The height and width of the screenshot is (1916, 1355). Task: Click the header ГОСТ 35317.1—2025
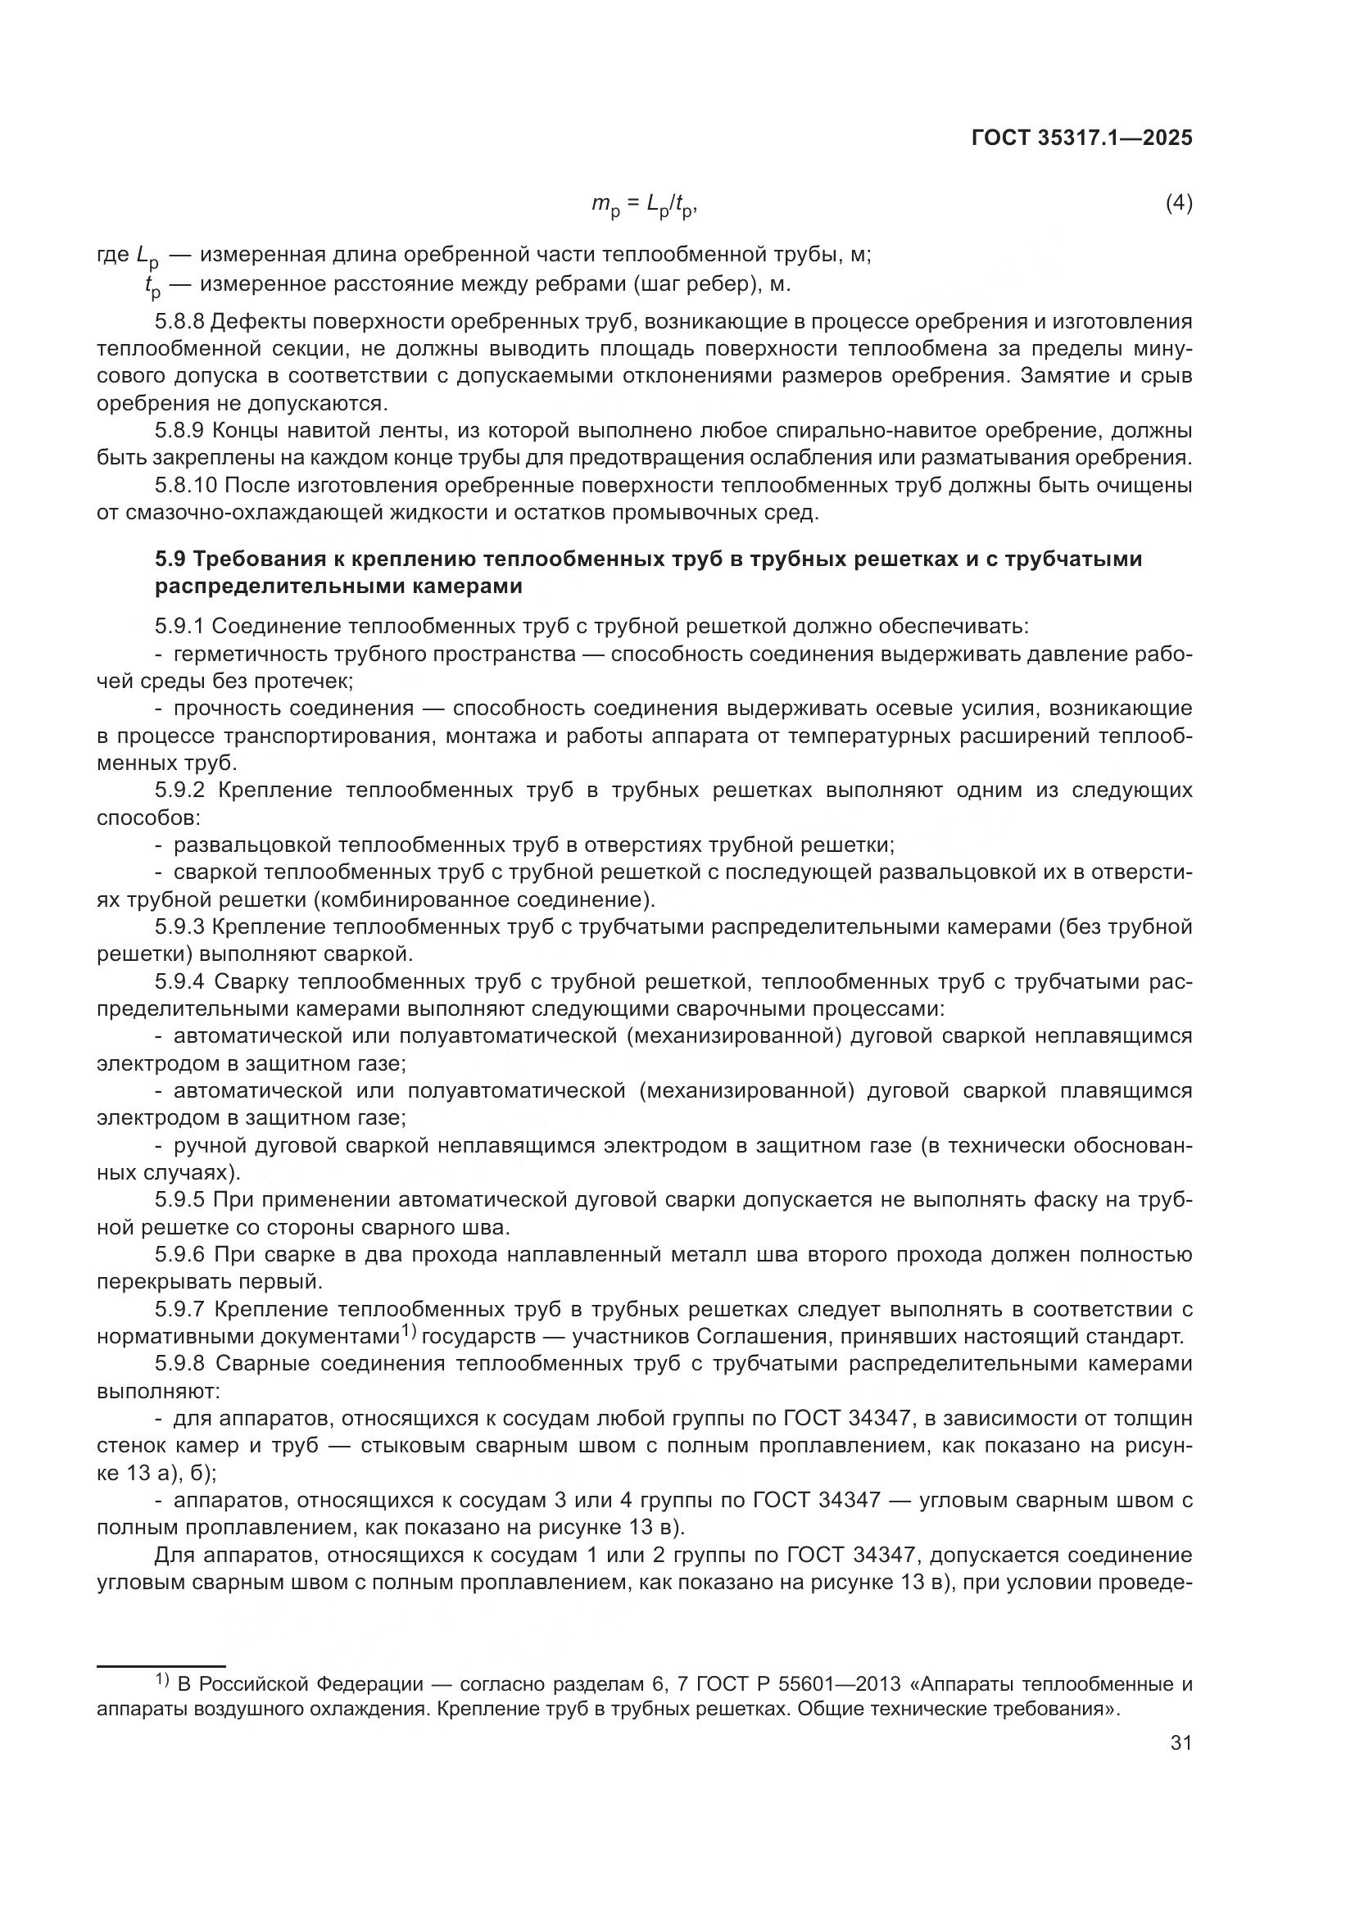click(1081, 138)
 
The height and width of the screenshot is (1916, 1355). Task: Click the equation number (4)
click(1178, 203)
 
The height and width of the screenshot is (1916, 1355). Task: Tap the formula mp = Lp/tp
click(644, 205)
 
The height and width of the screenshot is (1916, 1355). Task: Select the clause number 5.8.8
click(179, 321)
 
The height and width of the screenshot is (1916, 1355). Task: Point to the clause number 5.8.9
click(179, 431)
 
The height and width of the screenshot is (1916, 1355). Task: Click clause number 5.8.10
click(185, 485)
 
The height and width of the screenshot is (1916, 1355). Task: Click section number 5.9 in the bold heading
click(171, 559)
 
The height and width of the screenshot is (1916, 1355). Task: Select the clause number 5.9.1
click(179, 626)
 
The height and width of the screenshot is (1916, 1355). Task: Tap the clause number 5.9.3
click(179, 927)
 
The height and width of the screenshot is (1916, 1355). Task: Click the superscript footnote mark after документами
click(408, 1330)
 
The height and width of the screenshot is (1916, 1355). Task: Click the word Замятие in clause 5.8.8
click(1063, 376)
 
